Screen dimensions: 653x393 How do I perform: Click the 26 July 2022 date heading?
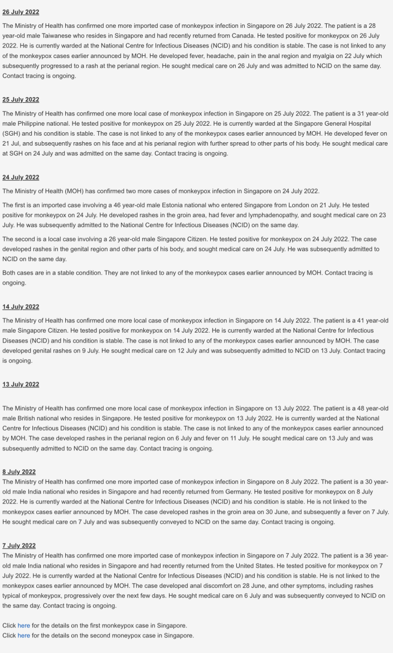21,12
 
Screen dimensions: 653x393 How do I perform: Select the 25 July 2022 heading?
21,99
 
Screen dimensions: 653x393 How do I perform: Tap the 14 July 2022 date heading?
21,306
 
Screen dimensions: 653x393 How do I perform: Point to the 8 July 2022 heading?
19,472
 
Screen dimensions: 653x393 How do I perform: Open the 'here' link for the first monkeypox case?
23,626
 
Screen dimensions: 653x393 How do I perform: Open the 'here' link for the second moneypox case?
23,636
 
